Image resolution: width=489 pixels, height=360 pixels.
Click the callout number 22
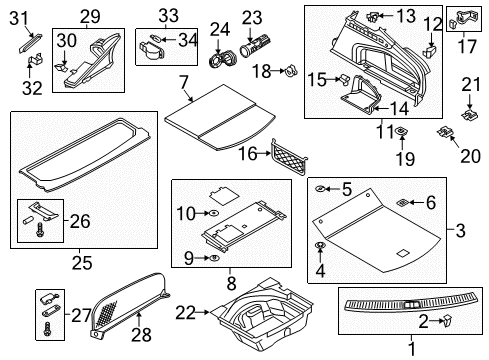[x=185, y=313]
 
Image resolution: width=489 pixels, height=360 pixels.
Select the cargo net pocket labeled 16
[x=289, y=156]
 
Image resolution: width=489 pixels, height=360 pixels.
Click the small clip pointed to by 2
[x=447, y=320]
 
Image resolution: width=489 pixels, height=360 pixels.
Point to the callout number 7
[x=184, y=82]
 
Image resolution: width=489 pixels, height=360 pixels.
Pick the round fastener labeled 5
[x=320, y=189]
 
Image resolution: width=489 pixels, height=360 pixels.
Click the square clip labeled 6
[x=402, y=202]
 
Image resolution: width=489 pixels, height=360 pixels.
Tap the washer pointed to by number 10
[x=212, y=213]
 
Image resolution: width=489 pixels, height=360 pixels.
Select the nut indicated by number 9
[x=214, y=258]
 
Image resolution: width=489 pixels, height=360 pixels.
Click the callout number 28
[x=141, y=335]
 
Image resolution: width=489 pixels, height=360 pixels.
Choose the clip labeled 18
[x=291, y=71]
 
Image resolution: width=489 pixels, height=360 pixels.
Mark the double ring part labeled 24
[x=222, y=59]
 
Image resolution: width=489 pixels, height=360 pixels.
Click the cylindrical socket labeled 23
[x=256, y=46]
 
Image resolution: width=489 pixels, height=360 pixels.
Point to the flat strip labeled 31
[x=30, y=43]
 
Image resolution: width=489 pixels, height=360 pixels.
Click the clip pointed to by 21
[x=469, y=115]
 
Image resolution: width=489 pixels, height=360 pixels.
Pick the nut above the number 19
[x=402, y=131]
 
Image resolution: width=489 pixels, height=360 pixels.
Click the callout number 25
[x=82, y=263]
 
